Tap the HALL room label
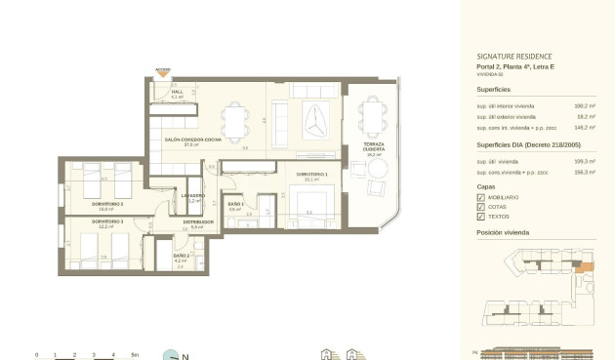(177, 92)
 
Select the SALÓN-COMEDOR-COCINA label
(191, 140)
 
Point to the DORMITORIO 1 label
(311, 174)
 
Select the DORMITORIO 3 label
(108, 221)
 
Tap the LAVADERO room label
(192, 196)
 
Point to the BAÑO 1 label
(234, 204)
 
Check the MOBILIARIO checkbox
(480, 197)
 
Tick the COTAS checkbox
(480, 207)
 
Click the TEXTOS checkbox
(480, 217)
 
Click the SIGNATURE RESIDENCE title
(513, 57)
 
